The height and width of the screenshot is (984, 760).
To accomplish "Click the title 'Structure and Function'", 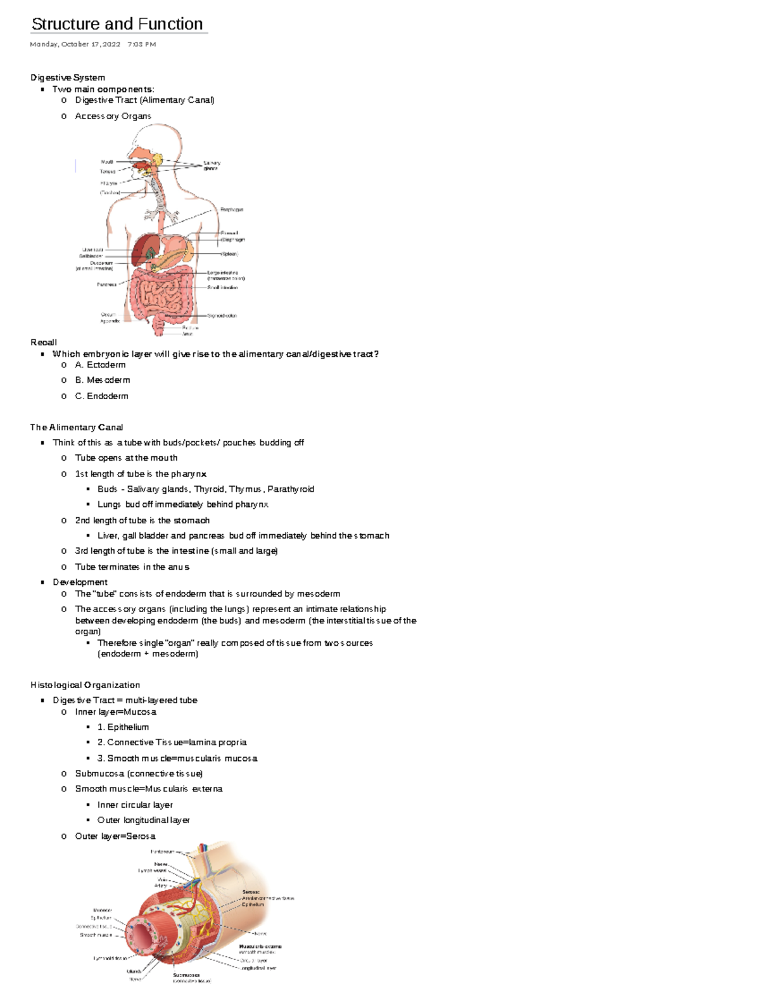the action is click(117, 24).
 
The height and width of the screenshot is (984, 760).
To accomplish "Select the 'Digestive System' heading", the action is click(68, 77).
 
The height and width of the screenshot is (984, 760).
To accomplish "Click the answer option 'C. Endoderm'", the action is click(101, 396).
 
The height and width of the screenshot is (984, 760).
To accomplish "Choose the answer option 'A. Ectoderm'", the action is click(100, 365).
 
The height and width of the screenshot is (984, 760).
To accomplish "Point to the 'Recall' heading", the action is click(44, 342).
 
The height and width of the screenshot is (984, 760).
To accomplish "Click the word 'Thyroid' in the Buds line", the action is click(209, 489).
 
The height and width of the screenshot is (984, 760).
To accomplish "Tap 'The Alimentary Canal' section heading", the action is click(77, 427).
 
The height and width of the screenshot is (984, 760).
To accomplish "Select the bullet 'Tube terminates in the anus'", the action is click(132, 567).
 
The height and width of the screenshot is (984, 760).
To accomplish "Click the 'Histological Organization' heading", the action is click(85, 685).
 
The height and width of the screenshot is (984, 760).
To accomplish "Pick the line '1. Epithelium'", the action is click(123, 727).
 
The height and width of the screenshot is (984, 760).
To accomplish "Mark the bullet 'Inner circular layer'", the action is click(135, 805).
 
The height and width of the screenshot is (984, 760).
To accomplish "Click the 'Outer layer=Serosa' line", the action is click(115, 836).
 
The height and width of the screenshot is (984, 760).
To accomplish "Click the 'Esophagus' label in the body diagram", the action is click(232, 210).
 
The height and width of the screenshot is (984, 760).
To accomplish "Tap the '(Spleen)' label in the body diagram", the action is click(229, 254).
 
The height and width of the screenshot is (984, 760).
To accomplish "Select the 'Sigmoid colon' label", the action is click(222, 316).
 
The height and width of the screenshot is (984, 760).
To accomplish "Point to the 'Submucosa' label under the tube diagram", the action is click(186, 975).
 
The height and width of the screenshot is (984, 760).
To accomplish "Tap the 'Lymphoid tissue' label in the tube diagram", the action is click(110, 959).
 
